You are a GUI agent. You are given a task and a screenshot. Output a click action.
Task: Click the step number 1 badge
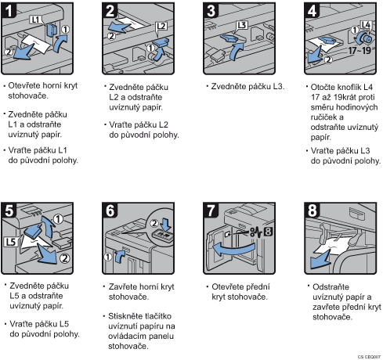click(9, 10)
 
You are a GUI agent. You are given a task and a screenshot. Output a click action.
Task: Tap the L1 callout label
click(35, 20)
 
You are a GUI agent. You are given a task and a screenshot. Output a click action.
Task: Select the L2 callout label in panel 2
click(161, 26)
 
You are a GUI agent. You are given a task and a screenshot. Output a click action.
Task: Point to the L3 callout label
click(242, 25)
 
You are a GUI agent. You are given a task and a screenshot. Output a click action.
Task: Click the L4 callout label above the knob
click(366, 25)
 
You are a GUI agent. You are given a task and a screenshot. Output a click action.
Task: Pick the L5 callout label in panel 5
click(11, 242)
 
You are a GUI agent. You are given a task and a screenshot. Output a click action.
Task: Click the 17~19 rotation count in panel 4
click(360, 50)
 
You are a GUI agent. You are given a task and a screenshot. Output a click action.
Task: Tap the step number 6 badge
click(110, 211)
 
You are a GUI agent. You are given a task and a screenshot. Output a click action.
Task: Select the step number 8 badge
click(313, 211)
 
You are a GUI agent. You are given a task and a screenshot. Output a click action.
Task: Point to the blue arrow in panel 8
click(319, 261)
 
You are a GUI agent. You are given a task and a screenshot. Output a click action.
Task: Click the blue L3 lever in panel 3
click(229, 38)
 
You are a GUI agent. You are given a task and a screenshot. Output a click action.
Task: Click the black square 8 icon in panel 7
click(269, 232)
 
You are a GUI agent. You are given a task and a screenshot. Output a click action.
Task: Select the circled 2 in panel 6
click(154, 223)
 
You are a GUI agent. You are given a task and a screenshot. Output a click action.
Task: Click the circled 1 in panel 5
click(58, 219)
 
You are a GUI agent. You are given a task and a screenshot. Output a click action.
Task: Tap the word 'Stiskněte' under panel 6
click(125, 316)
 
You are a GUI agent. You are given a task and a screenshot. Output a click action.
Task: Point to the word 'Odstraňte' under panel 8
click(331, 287)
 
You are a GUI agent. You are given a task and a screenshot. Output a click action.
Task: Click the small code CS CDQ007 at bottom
click(369, 357)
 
